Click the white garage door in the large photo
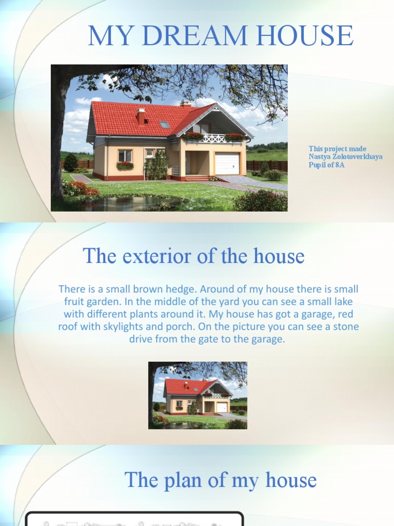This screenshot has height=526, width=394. tap(227, 163)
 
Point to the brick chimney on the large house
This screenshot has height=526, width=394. tap(141, 117)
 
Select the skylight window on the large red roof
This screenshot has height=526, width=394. tap(164, 124)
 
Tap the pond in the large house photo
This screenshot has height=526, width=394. tap(128, 204)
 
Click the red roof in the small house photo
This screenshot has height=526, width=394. tap(184, 386)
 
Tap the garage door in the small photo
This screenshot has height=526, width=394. tap(222, 407)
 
